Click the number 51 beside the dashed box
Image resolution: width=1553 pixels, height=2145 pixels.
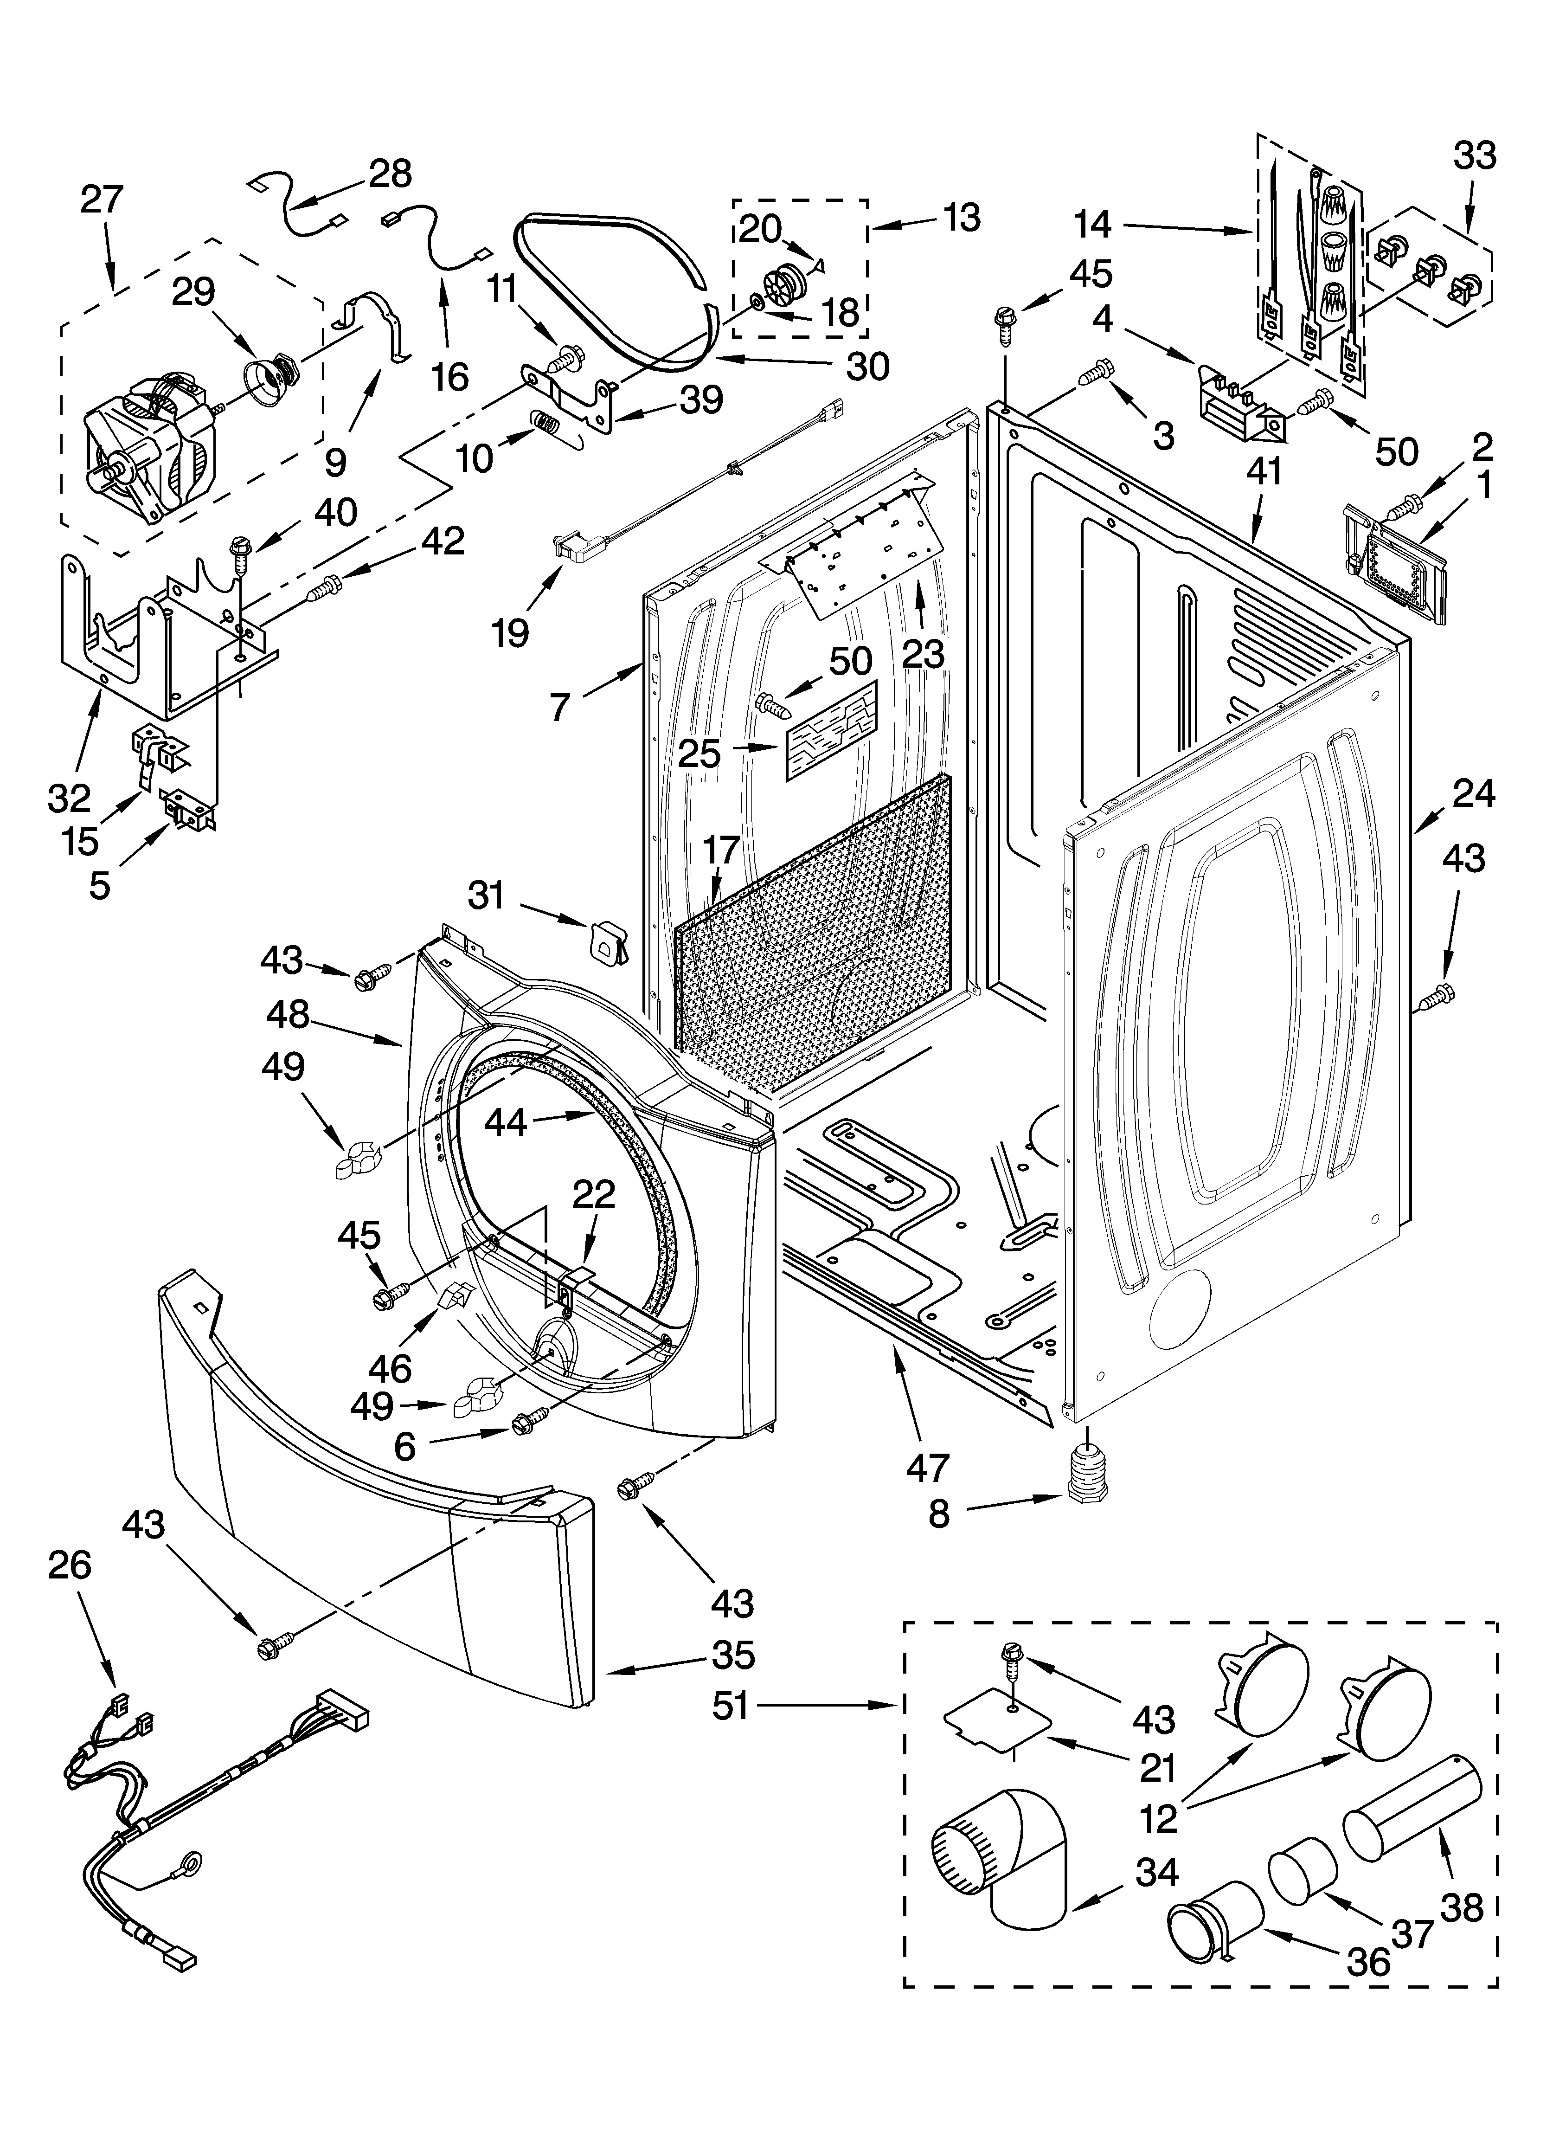coord(730,1705)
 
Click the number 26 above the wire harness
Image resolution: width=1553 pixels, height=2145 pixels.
coord(70,1565)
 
